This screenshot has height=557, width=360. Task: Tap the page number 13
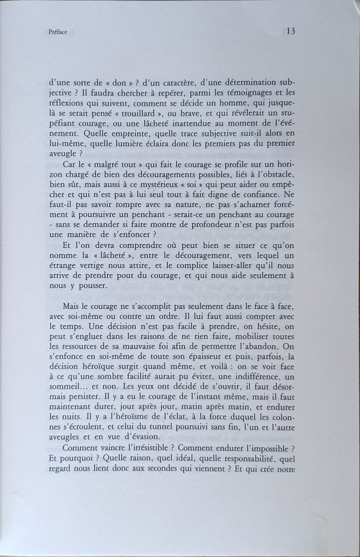coord(290,31)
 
